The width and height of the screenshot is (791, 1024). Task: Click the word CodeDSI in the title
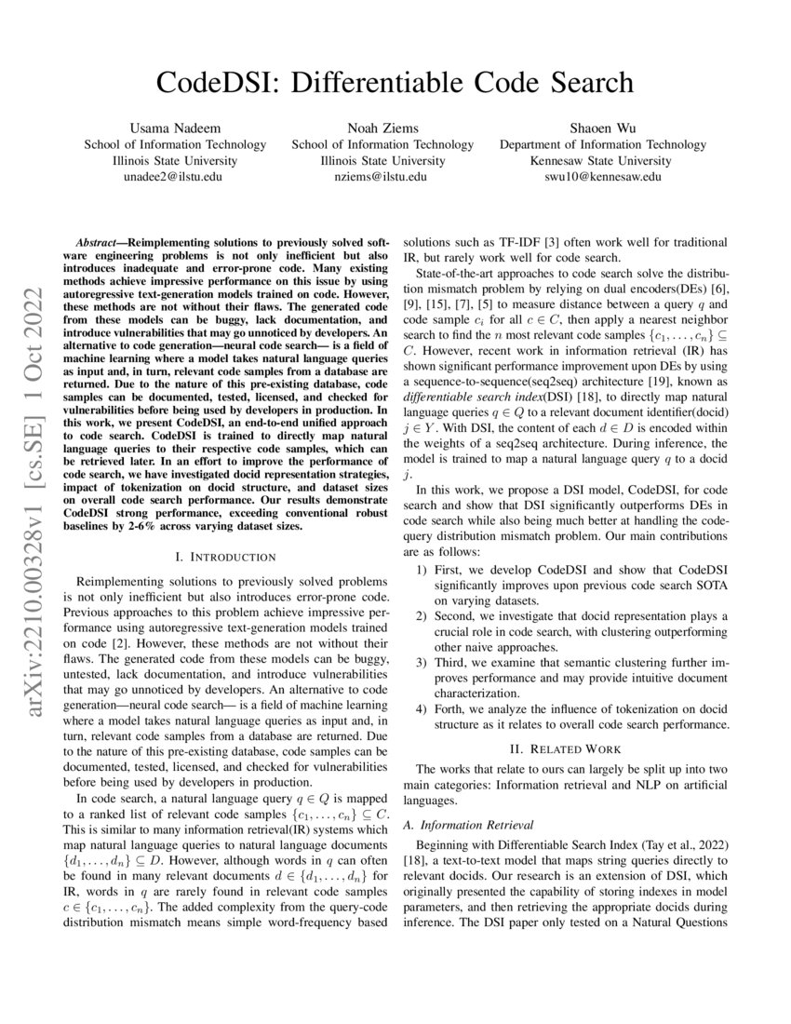coord(217,83)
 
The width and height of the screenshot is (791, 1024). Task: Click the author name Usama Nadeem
coord(175,128)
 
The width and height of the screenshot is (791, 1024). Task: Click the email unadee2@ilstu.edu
coord(175,177)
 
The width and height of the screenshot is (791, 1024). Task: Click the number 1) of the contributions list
coord(422,569)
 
